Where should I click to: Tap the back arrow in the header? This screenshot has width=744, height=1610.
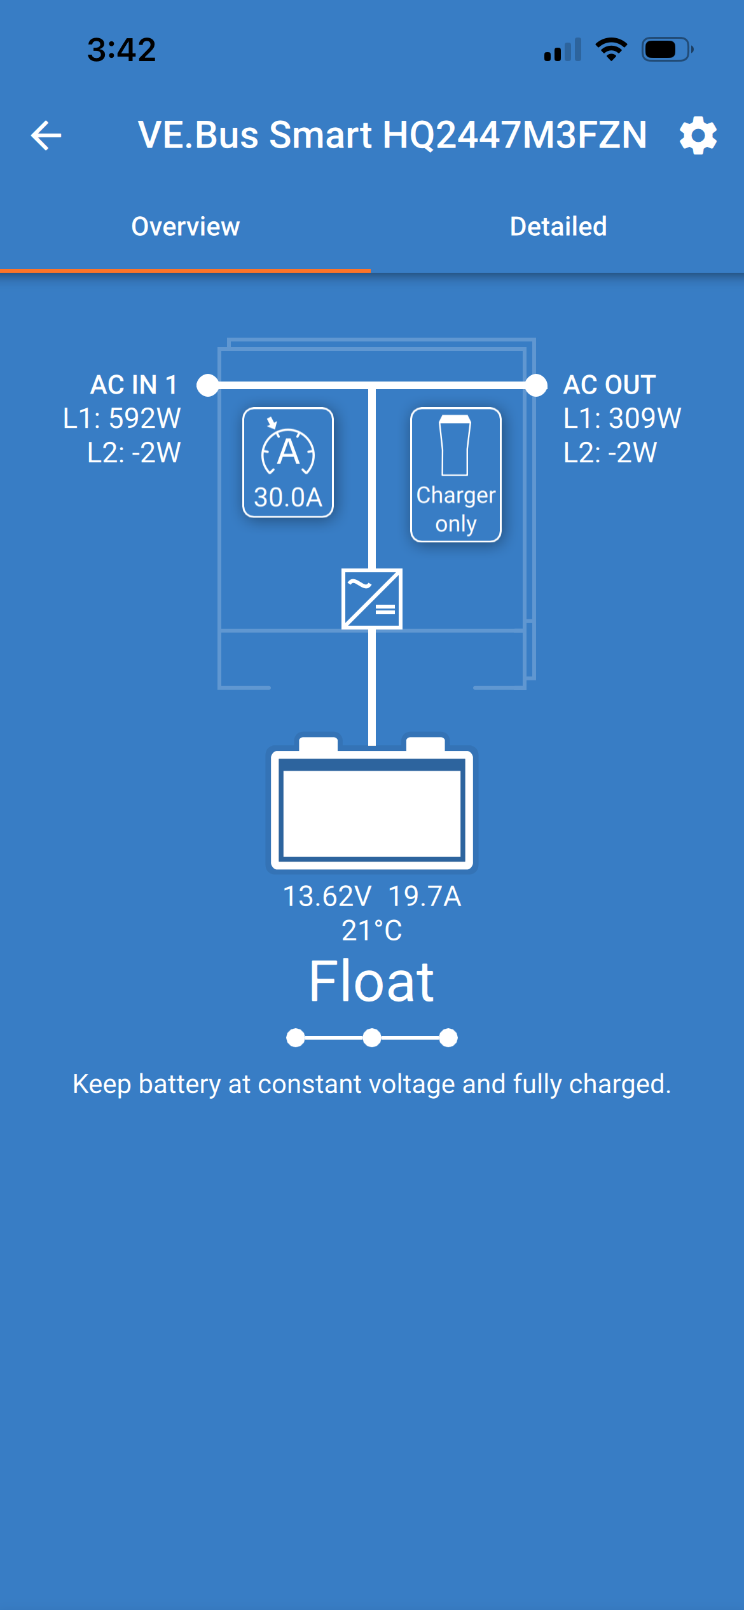point(46,135)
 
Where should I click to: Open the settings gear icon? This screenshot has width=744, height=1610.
point(698,135)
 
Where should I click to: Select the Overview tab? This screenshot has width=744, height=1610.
point(185,227)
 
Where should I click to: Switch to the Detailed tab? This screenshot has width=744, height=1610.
point(558,227)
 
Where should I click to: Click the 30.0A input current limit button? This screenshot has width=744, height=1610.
point(288,462)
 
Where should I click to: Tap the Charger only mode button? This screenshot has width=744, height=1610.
point(456,475)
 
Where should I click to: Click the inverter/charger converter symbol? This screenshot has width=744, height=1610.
point(372,599)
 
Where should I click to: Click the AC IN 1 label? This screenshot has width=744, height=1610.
point(134,385)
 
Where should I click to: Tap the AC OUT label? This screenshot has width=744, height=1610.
point(610,385)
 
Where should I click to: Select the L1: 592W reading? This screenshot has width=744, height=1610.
point(122,418)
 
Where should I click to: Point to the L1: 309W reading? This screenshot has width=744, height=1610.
point(623,418)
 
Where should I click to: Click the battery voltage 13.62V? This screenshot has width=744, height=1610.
point(327,897)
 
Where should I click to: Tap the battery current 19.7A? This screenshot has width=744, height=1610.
point(424,897)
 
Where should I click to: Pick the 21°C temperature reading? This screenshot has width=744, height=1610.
point(372,931)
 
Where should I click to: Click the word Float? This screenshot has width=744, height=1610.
point(372,982)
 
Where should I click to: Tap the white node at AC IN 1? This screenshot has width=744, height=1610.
point(208,385)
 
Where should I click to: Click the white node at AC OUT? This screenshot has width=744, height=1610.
point(536,385)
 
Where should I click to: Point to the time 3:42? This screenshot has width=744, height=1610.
point(121,50)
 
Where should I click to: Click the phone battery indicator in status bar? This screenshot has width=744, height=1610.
point(666,50)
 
